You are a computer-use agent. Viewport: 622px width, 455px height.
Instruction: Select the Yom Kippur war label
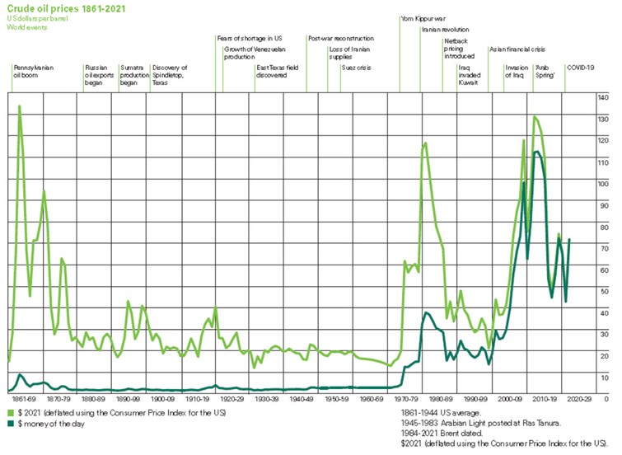pos(421,16)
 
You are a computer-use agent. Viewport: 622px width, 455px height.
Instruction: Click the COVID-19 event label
pos(580,68)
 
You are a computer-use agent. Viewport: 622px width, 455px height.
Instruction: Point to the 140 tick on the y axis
pos(602,98)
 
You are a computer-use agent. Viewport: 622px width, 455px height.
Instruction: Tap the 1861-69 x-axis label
pos(24,397)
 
